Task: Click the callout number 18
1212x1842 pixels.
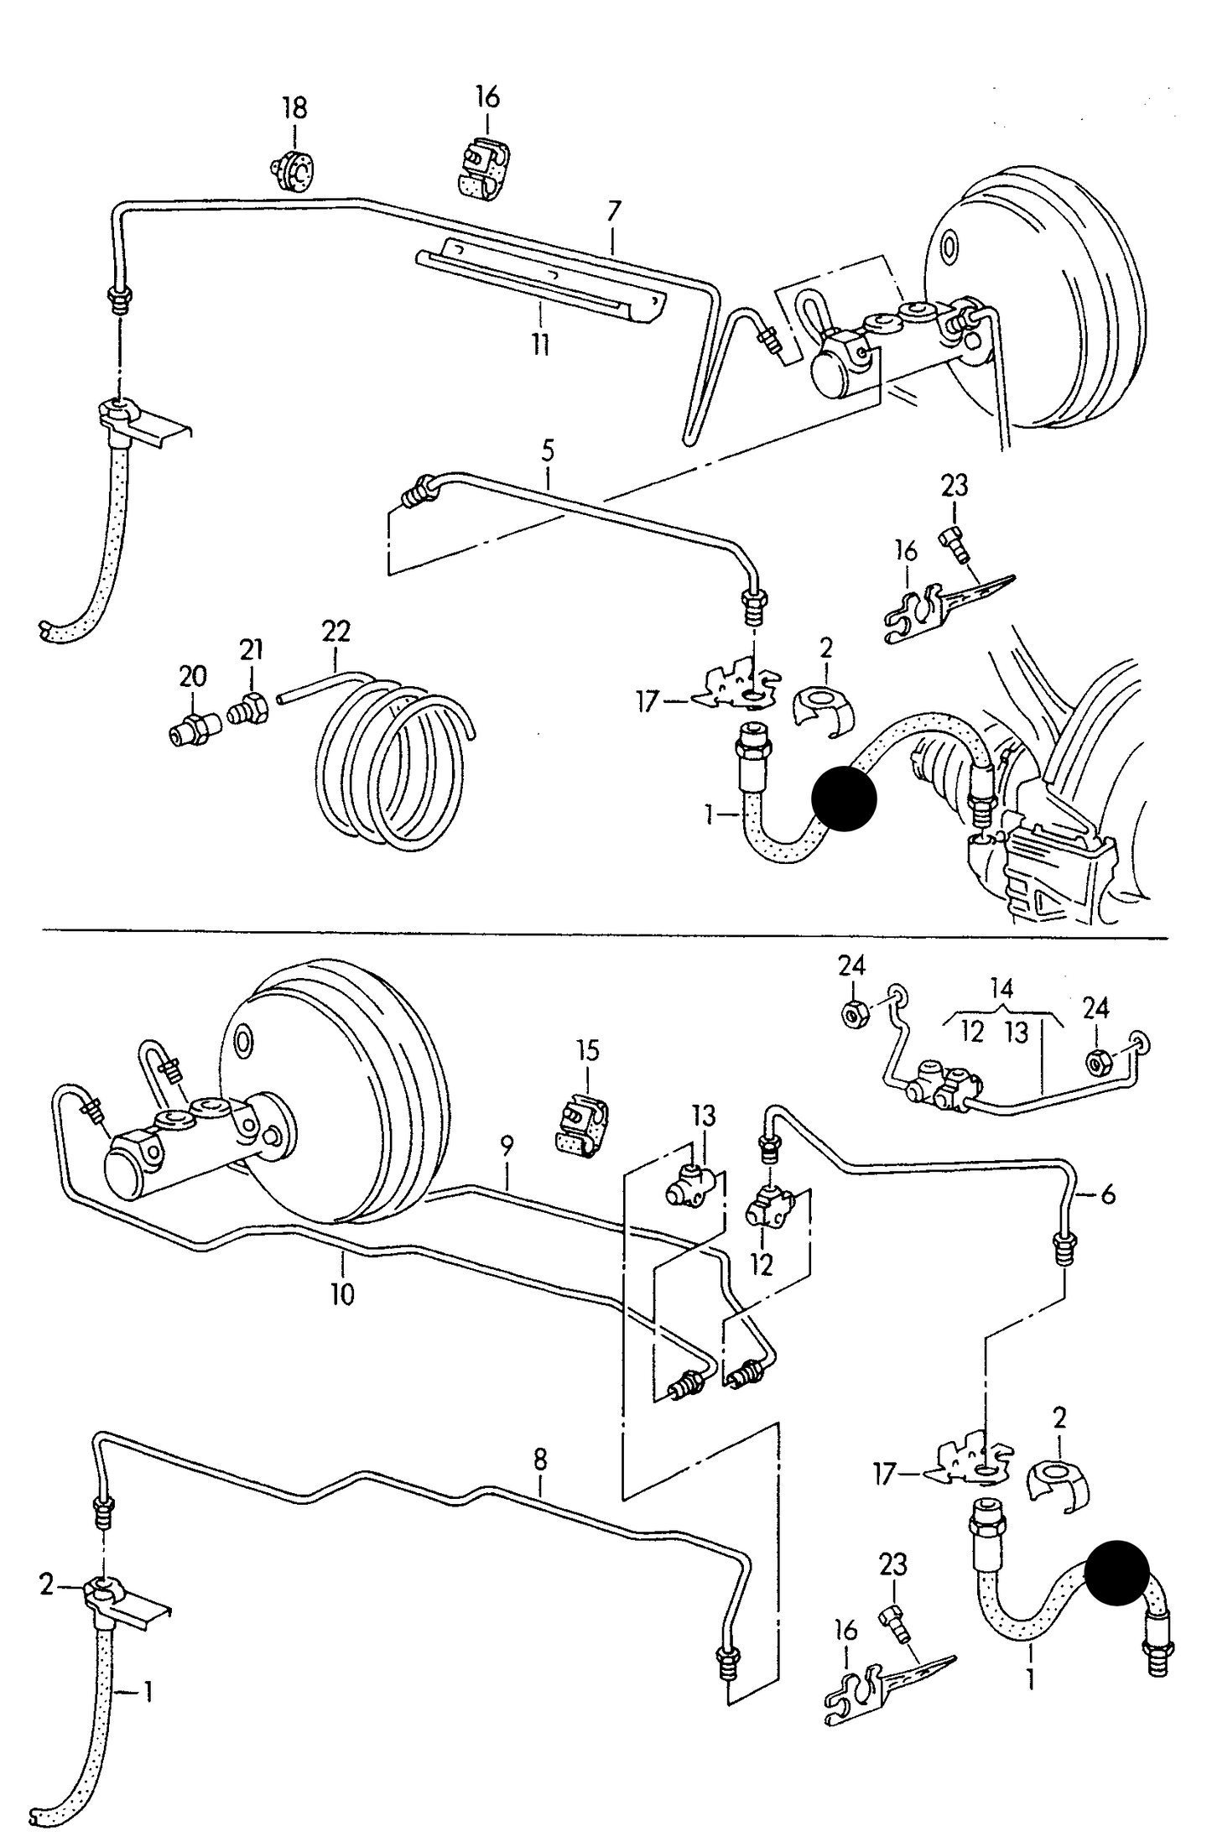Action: click(x=294, y=108)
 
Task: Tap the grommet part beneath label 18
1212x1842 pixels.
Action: click(x=293, y=173)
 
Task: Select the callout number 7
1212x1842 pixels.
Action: click(x=614, y=211)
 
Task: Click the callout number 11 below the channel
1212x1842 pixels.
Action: click(x=541, y=343)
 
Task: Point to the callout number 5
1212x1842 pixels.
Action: click(x=548, y=451)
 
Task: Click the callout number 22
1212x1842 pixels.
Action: click(x=336, y=631)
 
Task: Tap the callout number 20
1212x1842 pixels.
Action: click(x=193, y=676)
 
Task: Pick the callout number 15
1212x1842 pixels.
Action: click(x=588, y=1051)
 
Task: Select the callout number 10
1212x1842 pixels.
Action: click(x=342, y=1294)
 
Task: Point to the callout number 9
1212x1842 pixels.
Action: click(x=507, y=1147)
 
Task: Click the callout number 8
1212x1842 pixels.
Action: click(x=540, y=1460)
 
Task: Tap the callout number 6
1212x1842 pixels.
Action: click(x=1108, y=1194)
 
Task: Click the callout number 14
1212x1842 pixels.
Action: click(x=1002, y=988)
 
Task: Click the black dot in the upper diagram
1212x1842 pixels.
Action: click(x=844, y=799)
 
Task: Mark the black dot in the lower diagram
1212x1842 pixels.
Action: click(x=1116, y=1574)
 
